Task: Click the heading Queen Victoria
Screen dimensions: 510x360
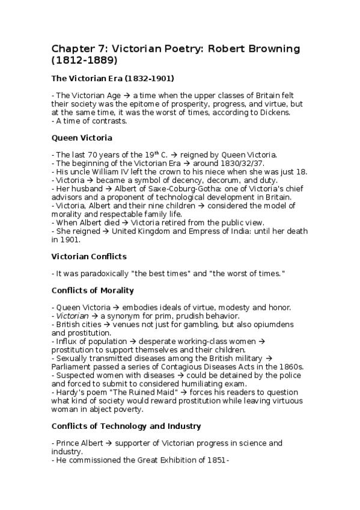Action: [x=82, y=138]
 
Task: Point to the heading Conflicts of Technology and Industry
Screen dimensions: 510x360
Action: [x=126, y=426]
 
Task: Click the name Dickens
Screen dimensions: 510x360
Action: [x=257, y=112]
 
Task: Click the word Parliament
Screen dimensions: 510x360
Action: [x=74, y=366]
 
